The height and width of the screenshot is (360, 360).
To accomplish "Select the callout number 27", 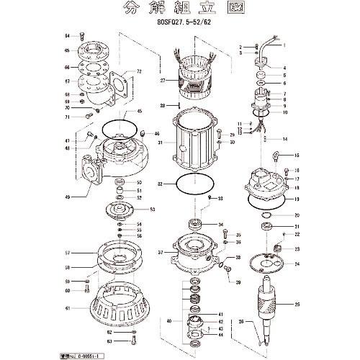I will tap(163, 81).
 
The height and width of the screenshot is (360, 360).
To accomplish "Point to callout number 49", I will tap(66, 197).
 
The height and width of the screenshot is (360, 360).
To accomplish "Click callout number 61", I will tap(67, 307).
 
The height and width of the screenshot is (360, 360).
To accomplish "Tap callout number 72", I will tap(140, 72).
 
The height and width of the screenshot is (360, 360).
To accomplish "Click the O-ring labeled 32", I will tap(192, 183).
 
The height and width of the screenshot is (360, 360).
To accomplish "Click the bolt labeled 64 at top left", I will tap(83, 36).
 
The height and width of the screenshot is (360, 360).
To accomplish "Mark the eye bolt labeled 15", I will tap(279, 156).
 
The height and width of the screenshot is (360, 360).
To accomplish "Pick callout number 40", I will tap(169, 320).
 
